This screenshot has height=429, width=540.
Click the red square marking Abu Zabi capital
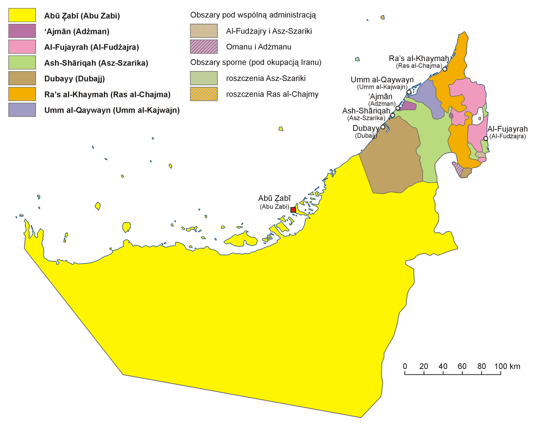[293, 210]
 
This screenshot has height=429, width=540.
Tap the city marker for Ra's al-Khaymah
[445, 69]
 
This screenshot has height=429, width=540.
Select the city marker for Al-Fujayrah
[485, 138]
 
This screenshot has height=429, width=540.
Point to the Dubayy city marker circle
[383, 127]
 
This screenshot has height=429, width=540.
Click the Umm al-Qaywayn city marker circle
[409, 92]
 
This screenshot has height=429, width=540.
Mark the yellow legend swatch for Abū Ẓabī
[22, 15]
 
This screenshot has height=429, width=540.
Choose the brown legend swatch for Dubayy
[22, 78]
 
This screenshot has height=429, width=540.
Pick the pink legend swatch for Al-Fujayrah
[22, 47]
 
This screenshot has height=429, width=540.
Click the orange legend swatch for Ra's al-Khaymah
[22, 94]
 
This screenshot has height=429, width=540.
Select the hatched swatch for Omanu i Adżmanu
[204, 47]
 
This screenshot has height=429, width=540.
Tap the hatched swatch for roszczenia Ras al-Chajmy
[204, 94]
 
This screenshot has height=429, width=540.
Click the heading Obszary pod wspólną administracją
[253, 15]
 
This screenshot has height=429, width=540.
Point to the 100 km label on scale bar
[507, 366]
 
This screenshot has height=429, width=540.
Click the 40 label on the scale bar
[443, 366]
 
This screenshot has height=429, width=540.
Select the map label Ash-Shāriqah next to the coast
[366, 111]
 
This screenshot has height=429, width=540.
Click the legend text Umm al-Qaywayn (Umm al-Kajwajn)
[112, 110]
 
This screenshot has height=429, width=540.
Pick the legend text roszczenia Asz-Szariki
[266, 78]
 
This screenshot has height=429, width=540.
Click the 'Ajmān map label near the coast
[381, 97]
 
